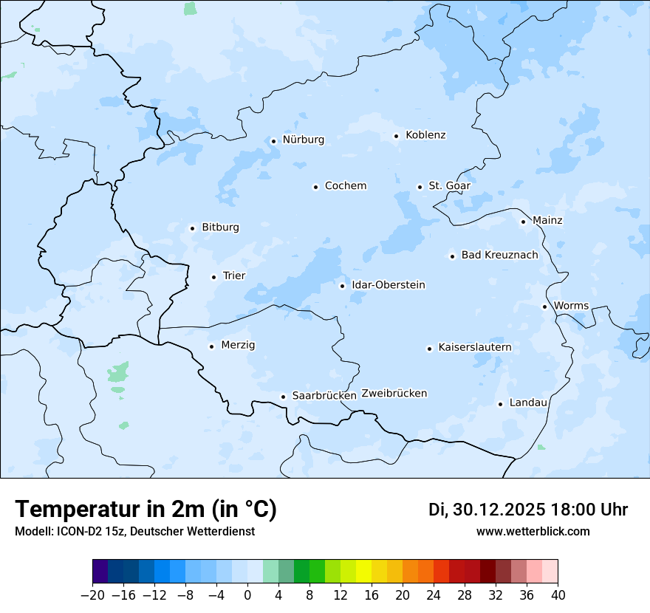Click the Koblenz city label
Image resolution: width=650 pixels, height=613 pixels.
(x=425, y=135)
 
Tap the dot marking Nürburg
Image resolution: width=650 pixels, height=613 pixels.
(x=273, y=140)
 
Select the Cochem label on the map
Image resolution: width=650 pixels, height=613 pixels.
(x=345, y=186)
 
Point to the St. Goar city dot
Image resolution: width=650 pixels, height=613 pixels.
(x=420, y=187)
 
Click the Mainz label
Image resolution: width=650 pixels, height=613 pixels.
(x=547, y=221)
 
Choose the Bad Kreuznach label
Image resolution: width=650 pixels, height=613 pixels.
(x=499, y=256)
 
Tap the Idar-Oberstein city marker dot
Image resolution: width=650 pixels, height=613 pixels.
(x=342, y=286)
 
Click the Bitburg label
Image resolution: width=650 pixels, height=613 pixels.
(x=220, y=227)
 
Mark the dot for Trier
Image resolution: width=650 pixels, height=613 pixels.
(x=213, y=277)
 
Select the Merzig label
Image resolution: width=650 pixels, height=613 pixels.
(x=239, y=346)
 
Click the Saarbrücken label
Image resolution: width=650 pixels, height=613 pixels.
(x=324, y=396)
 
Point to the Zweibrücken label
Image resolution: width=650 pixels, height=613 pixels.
(x=394, y=394)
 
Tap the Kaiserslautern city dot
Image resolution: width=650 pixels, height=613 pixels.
(x=429, y=349)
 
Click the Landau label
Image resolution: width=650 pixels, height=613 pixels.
(x=528, y=403)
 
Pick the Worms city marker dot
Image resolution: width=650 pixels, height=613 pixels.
(x=544, y=306)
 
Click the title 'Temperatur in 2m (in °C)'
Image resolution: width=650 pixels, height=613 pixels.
(x=146, y=510)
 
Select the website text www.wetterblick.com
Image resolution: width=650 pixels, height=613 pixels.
(x=533, y=532)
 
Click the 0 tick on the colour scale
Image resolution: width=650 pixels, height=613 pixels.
(x=247, y=595)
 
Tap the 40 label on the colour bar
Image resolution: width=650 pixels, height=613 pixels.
(x=558, y=595)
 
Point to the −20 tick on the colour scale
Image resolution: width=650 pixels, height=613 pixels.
(x=92, y=595)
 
